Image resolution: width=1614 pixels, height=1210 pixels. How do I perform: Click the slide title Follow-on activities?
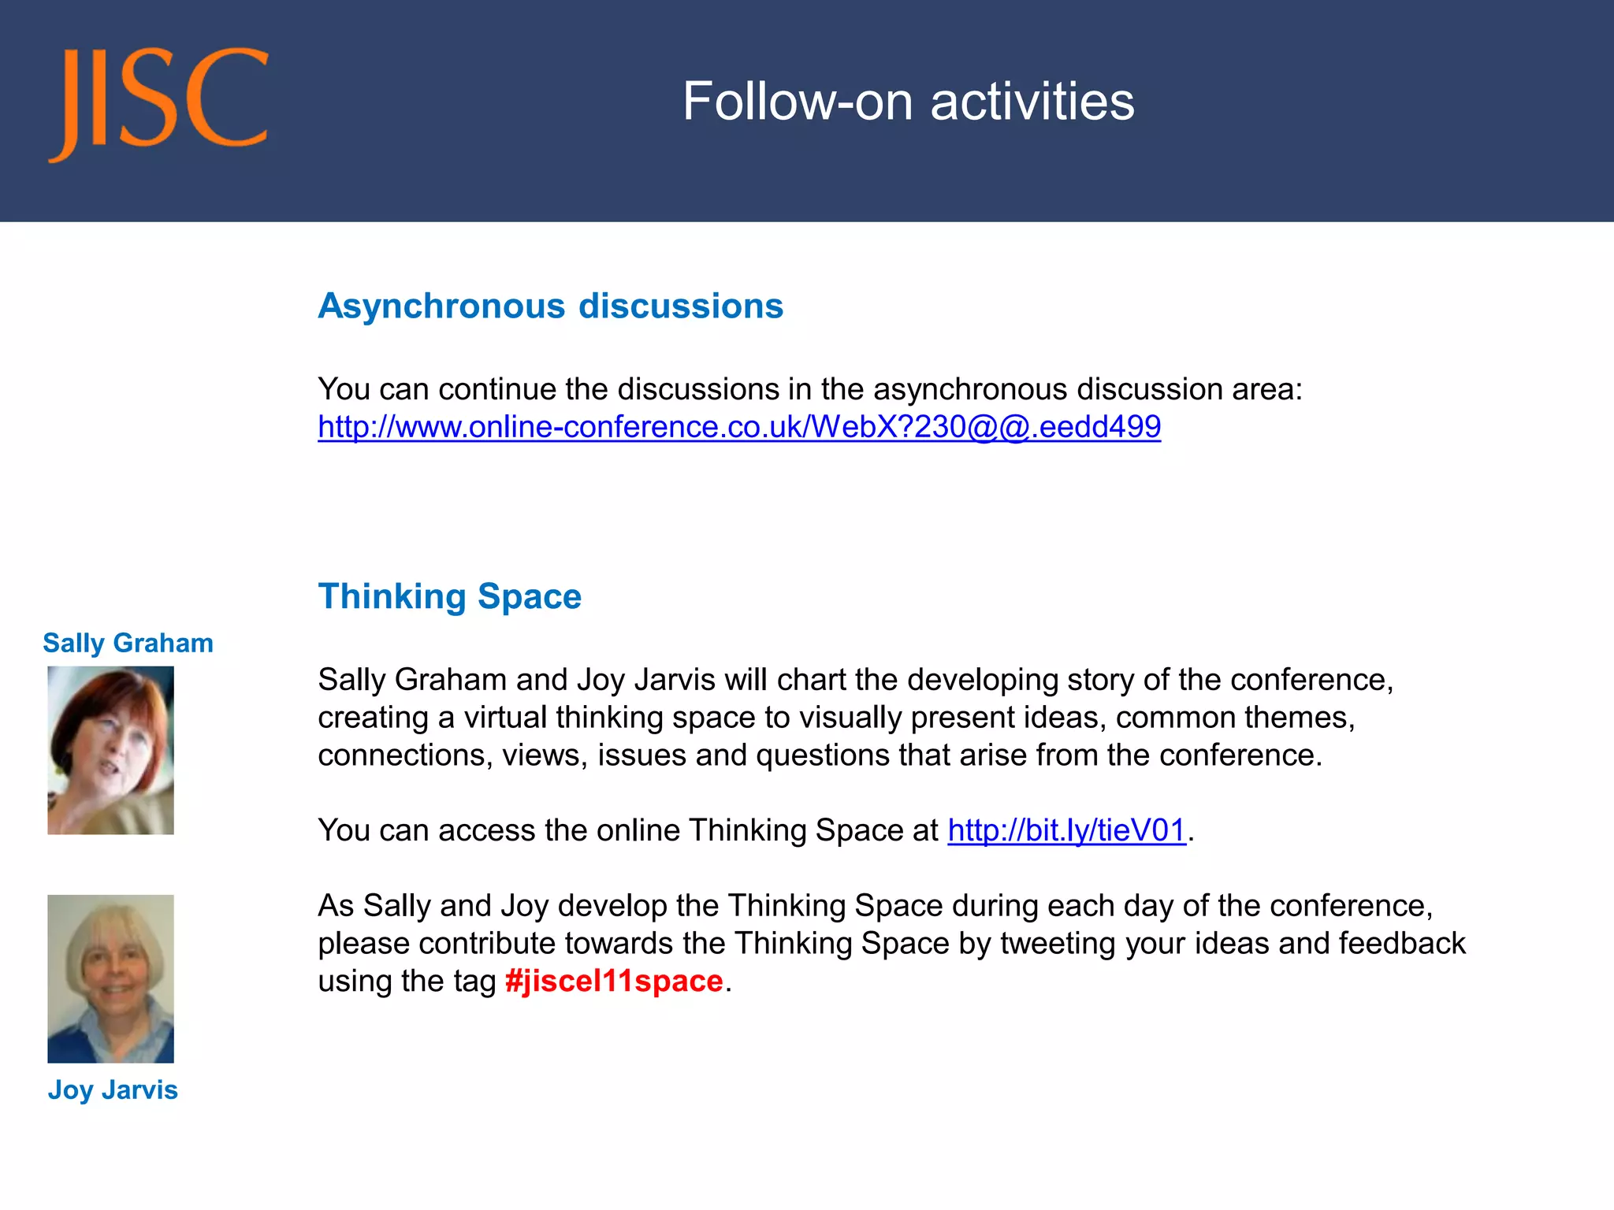(x=908, y=102)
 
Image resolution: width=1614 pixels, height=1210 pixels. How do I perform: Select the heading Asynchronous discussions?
(x=550, y=306)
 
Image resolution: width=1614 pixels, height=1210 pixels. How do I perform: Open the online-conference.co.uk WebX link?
(x=738, y=427)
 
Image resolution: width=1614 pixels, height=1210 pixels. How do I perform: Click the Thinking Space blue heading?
(x=449, y=596)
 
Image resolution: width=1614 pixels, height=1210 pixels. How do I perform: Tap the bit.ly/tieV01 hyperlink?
(x=1066, y=830)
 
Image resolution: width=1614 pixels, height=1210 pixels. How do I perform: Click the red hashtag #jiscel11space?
(x=614, y=982)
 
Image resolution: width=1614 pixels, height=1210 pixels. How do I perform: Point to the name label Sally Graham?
(x=128, y=643)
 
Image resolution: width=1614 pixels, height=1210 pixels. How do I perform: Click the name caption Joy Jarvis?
(x=113, y=1089)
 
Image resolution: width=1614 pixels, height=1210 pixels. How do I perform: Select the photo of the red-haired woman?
(x=110, y=750)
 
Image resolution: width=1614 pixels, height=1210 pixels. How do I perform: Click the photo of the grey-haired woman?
(x=110, y=978)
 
